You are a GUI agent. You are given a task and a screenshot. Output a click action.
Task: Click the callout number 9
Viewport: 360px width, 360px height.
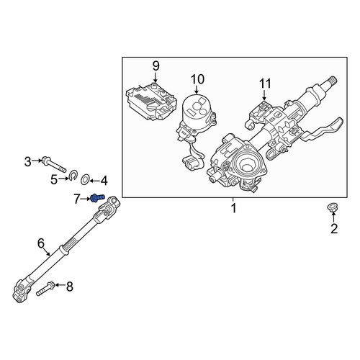coord(156,66)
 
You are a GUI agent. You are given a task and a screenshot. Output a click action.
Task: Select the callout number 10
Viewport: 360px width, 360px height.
coord(197,79)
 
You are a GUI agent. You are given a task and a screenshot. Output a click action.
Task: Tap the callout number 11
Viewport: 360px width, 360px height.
coord(265,84)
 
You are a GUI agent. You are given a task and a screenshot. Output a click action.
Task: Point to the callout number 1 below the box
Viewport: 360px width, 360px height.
coord(234,208)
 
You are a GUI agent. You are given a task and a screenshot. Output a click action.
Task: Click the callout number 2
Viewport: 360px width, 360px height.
coord(334,228)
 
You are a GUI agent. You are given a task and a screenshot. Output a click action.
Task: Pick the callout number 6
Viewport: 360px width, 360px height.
coord(41,243)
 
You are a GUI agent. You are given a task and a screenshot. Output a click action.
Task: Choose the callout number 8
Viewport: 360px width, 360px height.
coord(70,287)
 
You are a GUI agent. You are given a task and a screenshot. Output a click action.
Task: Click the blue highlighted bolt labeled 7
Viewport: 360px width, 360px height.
coord(98,198)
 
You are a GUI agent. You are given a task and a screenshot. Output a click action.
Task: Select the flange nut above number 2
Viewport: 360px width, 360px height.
coord(332,207)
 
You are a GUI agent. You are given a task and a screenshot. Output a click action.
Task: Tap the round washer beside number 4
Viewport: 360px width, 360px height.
coord(85,180)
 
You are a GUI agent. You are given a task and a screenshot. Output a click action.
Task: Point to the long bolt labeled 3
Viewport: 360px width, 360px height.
coord(54,164)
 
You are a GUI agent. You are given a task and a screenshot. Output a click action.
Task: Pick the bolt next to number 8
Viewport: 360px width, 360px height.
coord(45,289)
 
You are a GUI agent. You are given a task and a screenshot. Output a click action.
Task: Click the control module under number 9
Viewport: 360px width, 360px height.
coord(152,101)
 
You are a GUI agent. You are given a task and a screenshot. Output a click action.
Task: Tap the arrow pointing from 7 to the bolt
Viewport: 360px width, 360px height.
coord(85,199)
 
